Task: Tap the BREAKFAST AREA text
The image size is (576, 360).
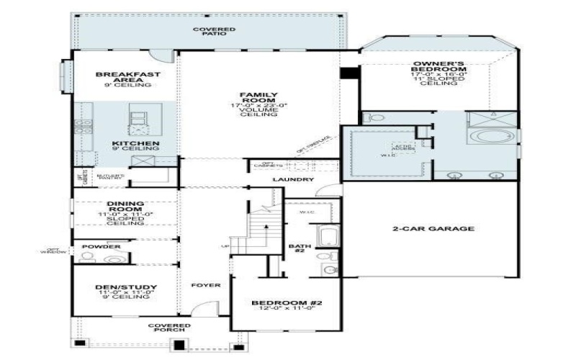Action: [128, 78]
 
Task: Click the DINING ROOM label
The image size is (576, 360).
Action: [126, 207]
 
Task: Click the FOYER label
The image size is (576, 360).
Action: [204, 285]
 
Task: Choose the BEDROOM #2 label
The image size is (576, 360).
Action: [287, 303]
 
